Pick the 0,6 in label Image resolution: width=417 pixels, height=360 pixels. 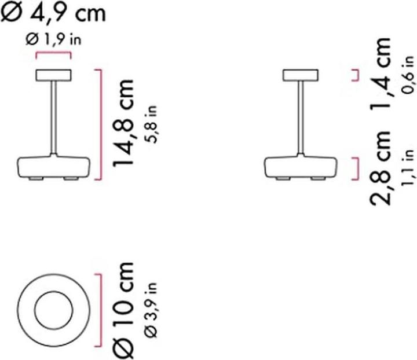(x=409, y=74)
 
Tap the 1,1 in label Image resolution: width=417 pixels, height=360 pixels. (x=409, y=168)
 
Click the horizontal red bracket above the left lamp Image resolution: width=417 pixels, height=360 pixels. (x=53, y=55)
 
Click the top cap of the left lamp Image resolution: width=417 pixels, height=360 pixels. (x=53, y=75)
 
